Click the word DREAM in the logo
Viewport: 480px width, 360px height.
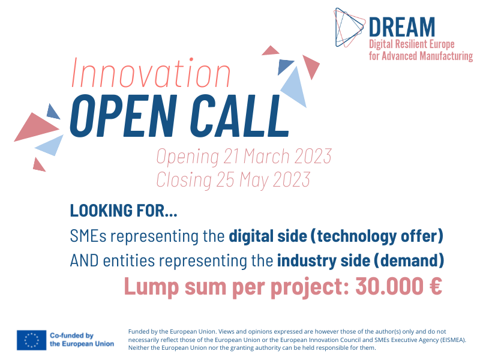point(402,27)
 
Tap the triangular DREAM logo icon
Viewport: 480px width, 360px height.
point(350,28)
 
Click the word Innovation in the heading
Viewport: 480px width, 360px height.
point(151,73)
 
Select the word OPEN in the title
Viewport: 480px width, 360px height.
point(124,115)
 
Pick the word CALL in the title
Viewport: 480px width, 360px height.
point(239,115)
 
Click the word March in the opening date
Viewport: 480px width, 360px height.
point(266,157)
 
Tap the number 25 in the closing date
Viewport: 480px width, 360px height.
point(226,179)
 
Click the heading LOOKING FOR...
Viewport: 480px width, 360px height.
point(124,211)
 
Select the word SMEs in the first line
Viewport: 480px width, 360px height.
point(88,236)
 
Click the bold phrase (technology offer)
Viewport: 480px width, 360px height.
point(377,236)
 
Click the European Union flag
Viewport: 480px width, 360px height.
point(32,340)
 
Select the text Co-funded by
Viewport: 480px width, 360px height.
point(71,335)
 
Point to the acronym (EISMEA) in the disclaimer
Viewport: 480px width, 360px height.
point(452,340)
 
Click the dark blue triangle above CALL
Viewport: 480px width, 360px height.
point(284,66)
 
